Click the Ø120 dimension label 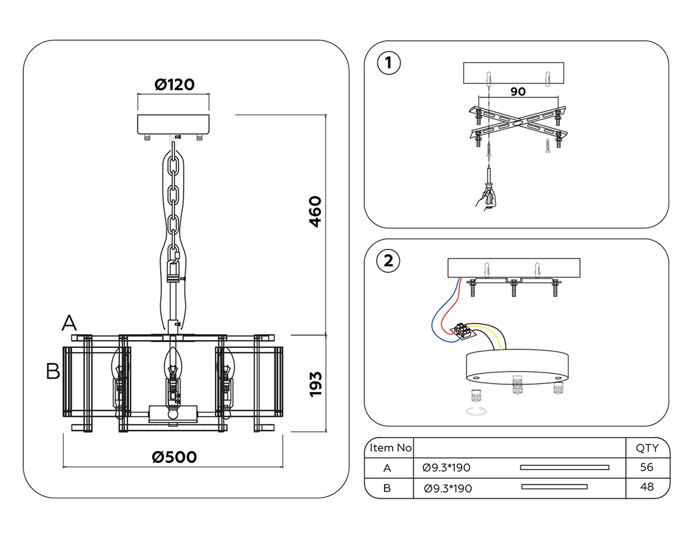pos(174,84)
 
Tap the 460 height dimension pos(315,211)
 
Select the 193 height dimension pos(315,384)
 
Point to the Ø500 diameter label pos(174,457)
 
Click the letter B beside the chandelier pos(53,371)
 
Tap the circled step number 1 pos(389,63)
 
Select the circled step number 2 pos(388,261)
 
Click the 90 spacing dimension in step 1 pos(518,91)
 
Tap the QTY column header pos(647,448)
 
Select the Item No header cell pos(390,448)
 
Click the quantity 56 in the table pos(647,467)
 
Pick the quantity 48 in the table pos(647,487)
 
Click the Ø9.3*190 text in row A pos(446,467)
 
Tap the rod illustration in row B pos(554,487)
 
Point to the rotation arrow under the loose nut pos(476,411)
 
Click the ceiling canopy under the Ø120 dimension pos(173,124)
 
